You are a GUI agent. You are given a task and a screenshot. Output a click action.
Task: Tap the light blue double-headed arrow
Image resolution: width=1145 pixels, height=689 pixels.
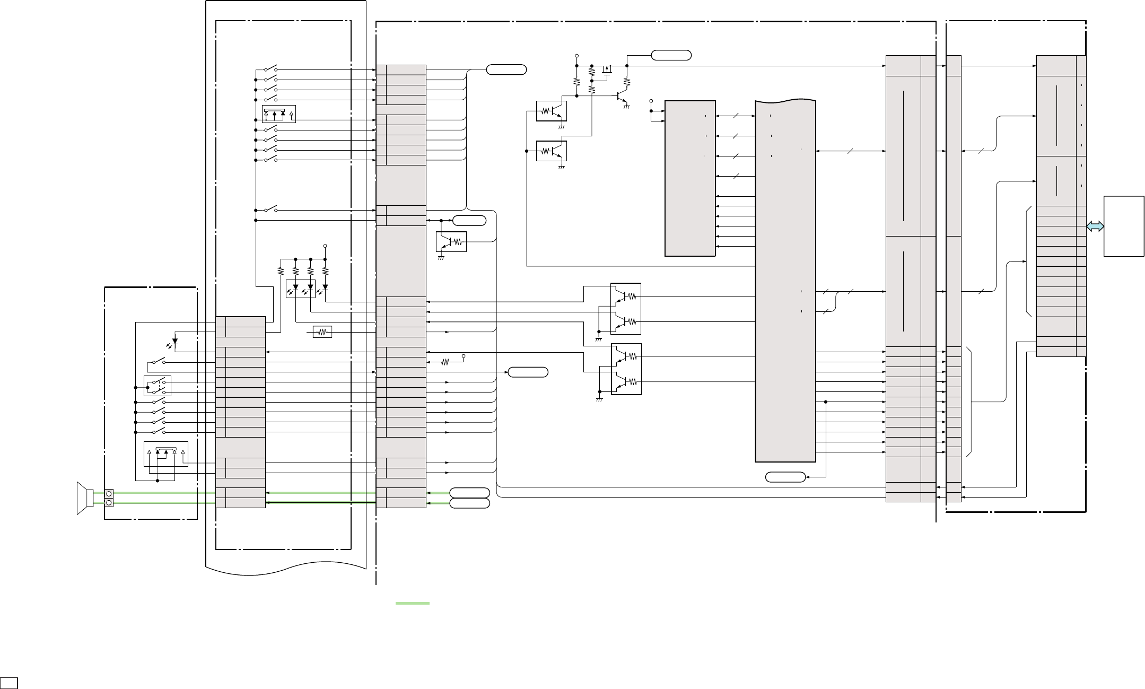pyautogui.click(x=1095, y=226)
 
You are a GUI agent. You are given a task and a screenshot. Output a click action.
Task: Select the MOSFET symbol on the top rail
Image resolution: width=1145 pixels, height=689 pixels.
pyautogui.click(x=607, y=69)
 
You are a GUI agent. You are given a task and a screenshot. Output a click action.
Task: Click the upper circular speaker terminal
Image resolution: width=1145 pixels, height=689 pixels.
pyautogui.click(x=109, y=493)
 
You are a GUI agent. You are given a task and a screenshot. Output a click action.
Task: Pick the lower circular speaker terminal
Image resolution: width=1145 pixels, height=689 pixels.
pyautogui.click(x=109, y=502)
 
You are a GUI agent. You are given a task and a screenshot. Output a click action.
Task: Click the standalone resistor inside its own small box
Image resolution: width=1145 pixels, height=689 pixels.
pyautogui.click(x=322, y=332)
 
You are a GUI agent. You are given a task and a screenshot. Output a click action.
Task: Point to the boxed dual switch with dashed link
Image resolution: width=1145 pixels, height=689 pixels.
pyautogui.click(x=158, y=386)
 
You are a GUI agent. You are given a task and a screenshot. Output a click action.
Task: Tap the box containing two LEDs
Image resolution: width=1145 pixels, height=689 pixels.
pyautogui.click(x=300, y=289)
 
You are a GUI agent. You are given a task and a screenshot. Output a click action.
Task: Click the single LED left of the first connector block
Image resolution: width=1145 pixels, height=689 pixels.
pyautogui.click(x=175, y=343)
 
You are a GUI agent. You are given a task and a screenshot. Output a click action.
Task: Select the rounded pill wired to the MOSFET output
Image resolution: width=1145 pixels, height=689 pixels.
pyautogui.click(x=671, y=55)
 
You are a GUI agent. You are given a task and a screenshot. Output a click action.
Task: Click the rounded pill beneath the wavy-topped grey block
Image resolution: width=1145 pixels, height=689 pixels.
pyautogui.click(x=785, y=477)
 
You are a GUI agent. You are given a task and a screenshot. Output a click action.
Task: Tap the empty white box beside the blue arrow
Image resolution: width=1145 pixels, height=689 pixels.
pyautogui.click(x=1123, y=226)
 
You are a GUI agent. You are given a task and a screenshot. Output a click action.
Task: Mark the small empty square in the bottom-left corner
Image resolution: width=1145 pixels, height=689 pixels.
pyautogui.click(x=9, y=682)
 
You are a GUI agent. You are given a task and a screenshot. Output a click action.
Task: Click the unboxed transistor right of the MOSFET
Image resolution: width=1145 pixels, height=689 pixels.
pyautogui.click(x=621, y=97)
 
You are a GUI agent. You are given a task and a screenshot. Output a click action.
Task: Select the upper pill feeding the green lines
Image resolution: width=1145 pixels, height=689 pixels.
pyautogui.click(x=469, y=492)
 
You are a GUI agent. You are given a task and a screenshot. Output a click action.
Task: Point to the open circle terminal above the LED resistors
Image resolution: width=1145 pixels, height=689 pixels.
pyautogui.click(x=325, y=246)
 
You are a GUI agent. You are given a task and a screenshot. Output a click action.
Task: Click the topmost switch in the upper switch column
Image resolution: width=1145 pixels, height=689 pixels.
pyautogui.click(x=270, y=69)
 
